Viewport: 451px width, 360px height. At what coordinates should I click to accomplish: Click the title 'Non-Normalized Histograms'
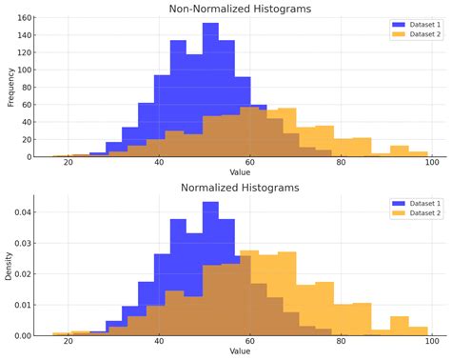pos(240,9)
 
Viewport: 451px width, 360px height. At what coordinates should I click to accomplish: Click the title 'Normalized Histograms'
pos(240,188)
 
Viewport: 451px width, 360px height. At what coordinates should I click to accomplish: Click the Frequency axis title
pos(11,87)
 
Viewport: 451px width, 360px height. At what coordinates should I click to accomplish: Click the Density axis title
pos(11,266)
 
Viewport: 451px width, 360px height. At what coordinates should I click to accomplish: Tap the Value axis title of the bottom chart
pos(240,351)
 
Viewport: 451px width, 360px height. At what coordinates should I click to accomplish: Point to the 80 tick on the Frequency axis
pos(29,88)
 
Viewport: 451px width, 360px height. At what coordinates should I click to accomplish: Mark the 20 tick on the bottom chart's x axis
pos(68,342)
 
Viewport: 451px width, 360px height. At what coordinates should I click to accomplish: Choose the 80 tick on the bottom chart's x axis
pos(340,342)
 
